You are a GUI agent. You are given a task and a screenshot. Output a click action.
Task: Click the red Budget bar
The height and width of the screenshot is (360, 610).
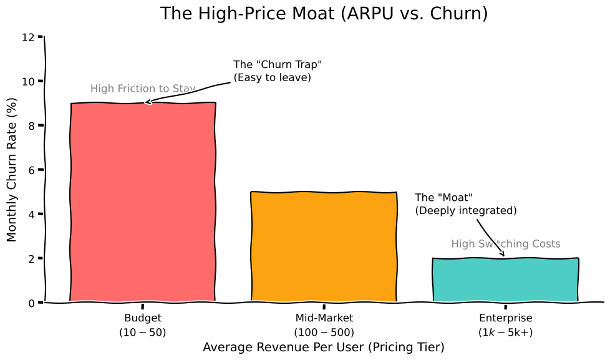coord(143,203)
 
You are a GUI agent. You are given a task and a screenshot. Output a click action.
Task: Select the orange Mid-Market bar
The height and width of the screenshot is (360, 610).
coord(324,247)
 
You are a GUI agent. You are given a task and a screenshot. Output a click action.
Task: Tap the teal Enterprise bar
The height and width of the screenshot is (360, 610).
coord(505,280)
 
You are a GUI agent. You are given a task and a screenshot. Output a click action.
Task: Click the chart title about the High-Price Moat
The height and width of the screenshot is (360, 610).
coord(324,14)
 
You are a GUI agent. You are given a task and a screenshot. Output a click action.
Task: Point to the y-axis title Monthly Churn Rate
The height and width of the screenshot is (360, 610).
coord(12,170)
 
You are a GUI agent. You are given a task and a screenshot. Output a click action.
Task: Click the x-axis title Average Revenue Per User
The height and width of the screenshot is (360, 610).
coord(324,348)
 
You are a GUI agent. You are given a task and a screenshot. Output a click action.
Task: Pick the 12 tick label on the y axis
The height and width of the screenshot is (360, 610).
coord(27,37)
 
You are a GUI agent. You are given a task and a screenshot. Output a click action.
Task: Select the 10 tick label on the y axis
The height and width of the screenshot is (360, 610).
coord(27,81)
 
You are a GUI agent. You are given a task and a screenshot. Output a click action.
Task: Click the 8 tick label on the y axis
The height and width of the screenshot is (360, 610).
coord(31,125)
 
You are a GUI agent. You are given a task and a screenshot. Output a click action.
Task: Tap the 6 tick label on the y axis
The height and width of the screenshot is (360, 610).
coord(31,170)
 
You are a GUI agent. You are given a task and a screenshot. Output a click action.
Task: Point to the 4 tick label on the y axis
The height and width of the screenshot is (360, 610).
coord(31,214)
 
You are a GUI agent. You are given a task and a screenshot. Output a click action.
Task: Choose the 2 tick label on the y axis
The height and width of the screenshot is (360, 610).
coord(31,258)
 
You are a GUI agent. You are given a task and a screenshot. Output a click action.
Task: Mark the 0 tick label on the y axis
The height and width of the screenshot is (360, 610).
coord(31,303)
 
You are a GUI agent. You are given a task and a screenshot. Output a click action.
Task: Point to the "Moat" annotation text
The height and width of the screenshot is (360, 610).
coord(466,204)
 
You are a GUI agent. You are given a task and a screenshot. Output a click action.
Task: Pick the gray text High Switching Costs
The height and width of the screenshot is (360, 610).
coord(506,244)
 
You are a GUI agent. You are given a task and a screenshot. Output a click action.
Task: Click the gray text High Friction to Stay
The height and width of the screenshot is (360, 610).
coord(143,89)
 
